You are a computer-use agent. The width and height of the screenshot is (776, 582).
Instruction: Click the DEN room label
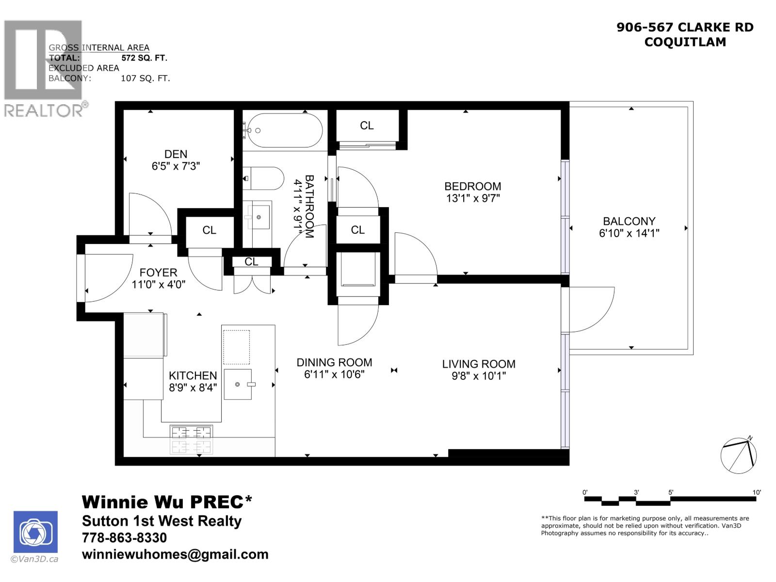pyautogui.click(x=176, y=154)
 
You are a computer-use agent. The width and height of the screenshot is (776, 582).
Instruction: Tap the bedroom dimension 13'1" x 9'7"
pyautogui.click(x=472, y=198)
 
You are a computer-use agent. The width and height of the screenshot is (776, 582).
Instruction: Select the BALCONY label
pyautogui.click(x=629, y=221)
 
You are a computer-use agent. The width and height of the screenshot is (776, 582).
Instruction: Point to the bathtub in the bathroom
pyautogui.click(x=282, y=130)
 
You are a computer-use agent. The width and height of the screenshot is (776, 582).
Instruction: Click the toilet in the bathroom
pyautogui.click(x=263, y=178)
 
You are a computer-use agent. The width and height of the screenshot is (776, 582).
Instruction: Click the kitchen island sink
pyautogui.click(x=238, y=384)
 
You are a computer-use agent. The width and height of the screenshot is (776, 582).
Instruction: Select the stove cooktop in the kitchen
pyautogui.click(x=192, y=439)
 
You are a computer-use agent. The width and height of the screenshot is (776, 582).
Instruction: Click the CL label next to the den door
pyautogui.click(x=209, y=230)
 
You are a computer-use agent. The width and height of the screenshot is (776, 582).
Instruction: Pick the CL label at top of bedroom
pyautogui.click(x=367, y=126)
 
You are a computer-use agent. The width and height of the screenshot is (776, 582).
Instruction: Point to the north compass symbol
pyautogui.click(x=739, y=455)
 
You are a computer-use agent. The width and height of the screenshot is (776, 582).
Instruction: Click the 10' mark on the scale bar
pyautogui.click(x=757, y=492)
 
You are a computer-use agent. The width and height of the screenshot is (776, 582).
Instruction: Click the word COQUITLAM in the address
pyautogui.click(x=685, y=42)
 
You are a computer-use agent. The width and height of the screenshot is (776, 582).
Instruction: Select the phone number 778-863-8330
pyautogui.click(x=125, y=537)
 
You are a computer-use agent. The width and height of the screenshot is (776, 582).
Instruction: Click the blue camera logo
pyautogui.click(x=35, y=532)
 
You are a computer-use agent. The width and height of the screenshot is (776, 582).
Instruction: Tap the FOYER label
pyautogui.click(x=158, y=273)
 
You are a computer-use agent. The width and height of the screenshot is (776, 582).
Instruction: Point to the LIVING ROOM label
pyautogui.click(x=478, y=364)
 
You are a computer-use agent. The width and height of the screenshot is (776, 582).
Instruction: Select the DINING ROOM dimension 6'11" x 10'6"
pyautogui.click(x=334, y=374)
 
